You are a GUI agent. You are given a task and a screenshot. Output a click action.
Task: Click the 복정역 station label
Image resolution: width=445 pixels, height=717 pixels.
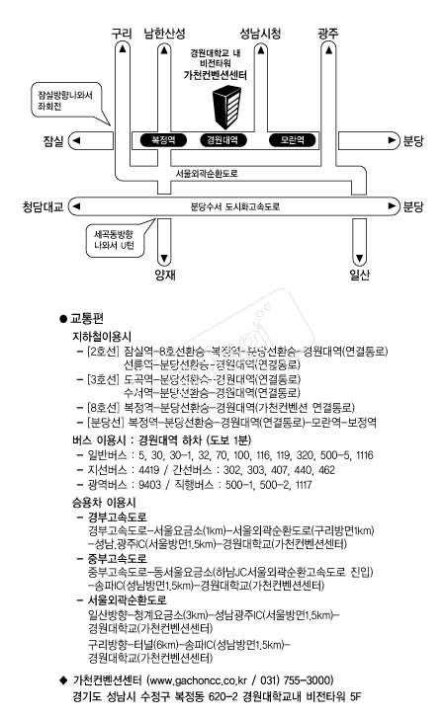pyautogui.click(x=163, y=140)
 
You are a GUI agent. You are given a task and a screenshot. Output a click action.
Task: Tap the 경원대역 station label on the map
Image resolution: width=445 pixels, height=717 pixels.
pyautogui.click(x=222, y=140)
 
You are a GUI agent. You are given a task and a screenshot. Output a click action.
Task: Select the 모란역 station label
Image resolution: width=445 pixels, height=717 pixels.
pyautogui.click(x=293, y=140)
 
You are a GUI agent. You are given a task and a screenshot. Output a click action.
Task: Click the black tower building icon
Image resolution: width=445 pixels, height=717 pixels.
pyautogui.click(x=226, y=107)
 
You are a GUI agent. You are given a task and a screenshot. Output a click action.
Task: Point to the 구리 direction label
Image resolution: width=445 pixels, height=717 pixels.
pyautogui.click(x=122, y=33)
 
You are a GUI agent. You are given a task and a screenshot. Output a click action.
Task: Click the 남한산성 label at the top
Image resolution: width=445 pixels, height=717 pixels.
pyautogui.click(x=164, y=33)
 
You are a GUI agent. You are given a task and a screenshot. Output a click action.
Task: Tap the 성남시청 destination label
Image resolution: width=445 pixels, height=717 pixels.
pyautogui.click(x=260, y=33)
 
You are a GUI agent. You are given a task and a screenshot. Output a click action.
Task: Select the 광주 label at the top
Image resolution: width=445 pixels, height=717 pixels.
pyautogui.click(x=328, y=33)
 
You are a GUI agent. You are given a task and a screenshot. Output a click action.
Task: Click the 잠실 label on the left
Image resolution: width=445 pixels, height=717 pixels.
pyautogui.click(x=53, y=141)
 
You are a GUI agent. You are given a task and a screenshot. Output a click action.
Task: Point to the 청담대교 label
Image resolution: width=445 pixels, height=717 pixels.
pyautogui.click(x=44, y=206)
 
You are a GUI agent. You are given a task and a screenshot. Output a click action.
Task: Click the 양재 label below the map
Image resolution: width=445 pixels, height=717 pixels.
pyautogui.click(x=165, y=275)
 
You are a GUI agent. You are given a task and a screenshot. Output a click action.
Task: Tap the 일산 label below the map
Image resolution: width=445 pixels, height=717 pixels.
pyautogui.click(x=359, y=275)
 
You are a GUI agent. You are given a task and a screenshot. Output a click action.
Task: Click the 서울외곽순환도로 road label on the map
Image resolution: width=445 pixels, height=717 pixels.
pyautogui.click(x=207, y=174)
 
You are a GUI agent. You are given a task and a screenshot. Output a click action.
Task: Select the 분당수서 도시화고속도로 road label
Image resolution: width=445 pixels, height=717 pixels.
pyautogui.click(x=235, y=206)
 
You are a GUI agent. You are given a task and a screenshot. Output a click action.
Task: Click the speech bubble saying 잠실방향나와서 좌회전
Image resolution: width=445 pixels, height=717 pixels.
pyautogui.click(x=65, y=101)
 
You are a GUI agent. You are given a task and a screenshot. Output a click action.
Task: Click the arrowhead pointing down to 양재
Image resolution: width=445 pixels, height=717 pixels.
pyautogui.click(x=164, y=259)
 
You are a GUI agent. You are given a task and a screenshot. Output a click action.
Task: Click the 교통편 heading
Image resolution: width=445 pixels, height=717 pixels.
pyautogui.click(x=87, y=318)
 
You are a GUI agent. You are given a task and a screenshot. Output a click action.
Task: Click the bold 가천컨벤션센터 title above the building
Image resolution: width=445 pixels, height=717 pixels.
pyautogui.click(x=216, y=74)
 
